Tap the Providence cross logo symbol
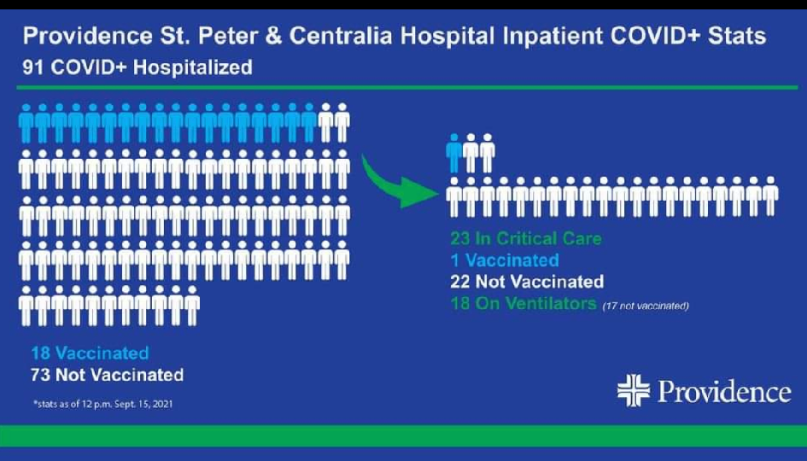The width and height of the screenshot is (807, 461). (x=634, y=390)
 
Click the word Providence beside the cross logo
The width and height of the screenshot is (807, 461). (x=724, y=392)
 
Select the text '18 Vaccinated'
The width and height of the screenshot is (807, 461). (x=90, y=353)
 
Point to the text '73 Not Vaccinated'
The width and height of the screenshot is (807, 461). (x=107, y=375)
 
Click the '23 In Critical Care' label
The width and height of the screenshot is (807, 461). (x=526, y=239)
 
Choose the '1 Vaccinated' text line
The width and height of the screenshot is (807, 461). (x=505, y=260)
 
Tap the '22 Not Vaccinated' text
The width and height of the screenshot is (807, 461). (x=527, y=282)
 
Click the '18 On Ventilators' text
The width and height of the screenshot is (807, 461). (x=523, y=304)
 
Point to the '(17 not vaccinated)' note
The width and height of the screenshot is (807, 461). (x=646, y=306)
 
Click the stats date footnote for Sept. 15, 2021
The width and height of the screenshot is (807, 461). (x=103, y=404)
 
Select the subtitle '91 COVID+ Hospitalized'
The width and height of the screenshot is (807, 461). (x=137, y=67)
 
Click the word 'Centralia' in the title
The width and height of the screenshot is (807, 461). (x=341, y=36)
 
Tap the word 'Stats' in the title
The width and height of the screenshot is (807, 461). (x=736, y=36)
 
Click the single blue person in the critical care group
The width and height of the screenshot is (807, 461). (x=454, y=154)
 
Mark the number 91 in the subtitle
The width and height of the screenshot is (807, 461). (x=33, y=67)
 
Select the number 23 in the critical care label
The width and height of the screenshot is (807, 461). (x=460, y=239)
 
